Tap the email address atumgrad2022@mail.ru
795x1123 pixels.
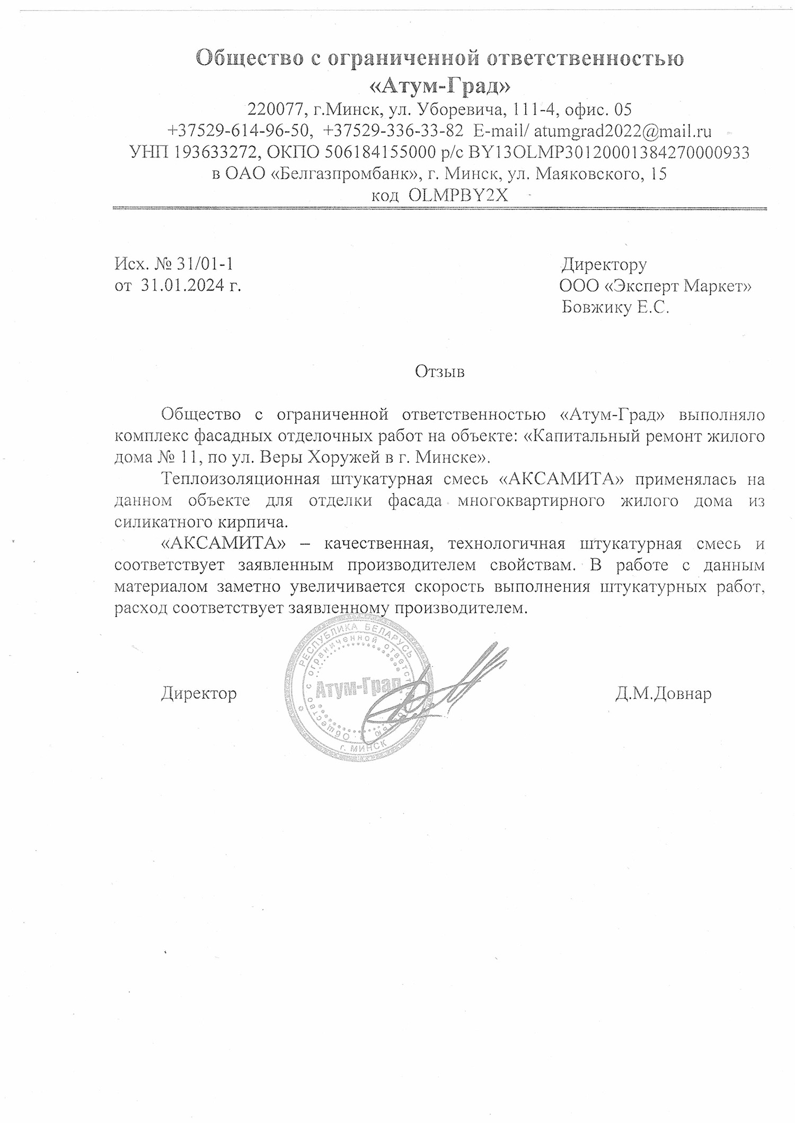(623, 131)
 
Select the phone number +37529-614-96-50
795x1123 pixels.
(238, 131)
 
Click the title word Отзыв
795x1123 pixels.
(440, 372)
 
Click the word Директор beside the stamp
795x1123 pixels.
(199, 693)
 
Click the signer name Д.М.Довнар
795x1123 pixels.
(663, 694)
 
